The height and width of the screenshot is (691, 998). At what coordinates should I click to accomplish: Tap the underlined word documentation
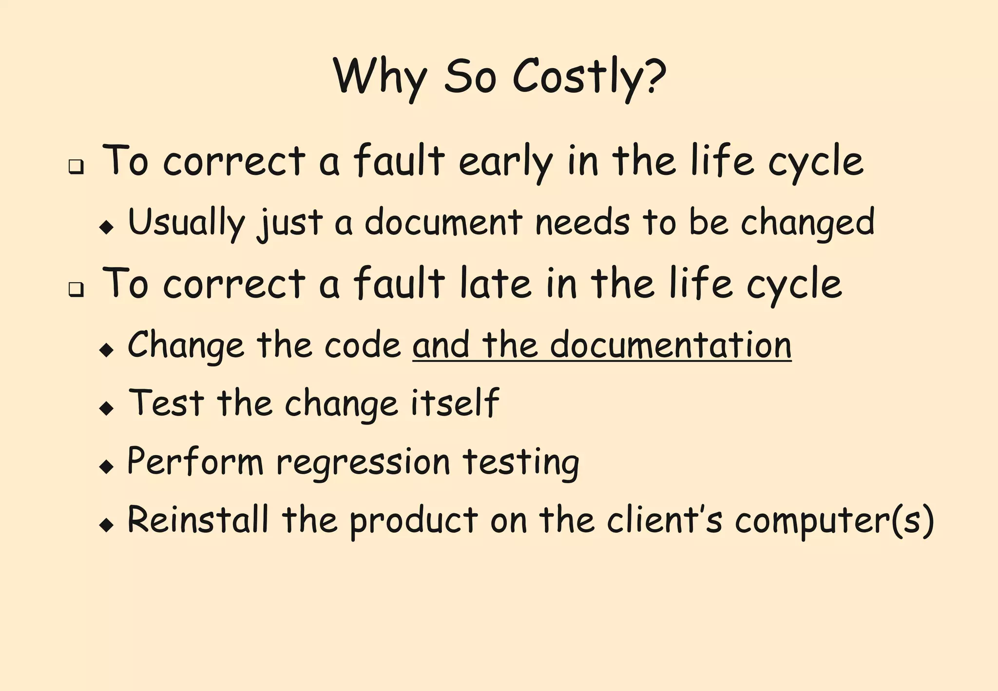(671, 345)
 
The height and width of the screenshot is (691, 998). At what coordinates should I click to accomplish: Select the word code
(363, 345)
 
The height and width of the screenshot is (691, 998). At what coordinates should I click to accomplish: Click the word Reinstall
(198, 520)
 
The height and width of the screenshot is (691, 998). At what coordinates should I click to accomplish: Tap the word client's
(664, 520)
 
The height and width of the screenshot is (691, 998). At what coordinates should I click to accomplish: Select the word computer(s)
(834, 521)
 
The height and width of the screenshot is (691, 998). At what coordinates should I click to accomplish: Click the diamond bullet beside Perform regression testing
(106, 467)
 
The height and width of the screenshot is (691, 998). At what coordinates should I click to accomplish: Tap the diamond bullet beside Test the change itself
(106, 408)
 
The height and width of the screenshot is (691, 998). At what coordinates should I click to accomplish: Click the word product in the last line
(414, 521)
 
